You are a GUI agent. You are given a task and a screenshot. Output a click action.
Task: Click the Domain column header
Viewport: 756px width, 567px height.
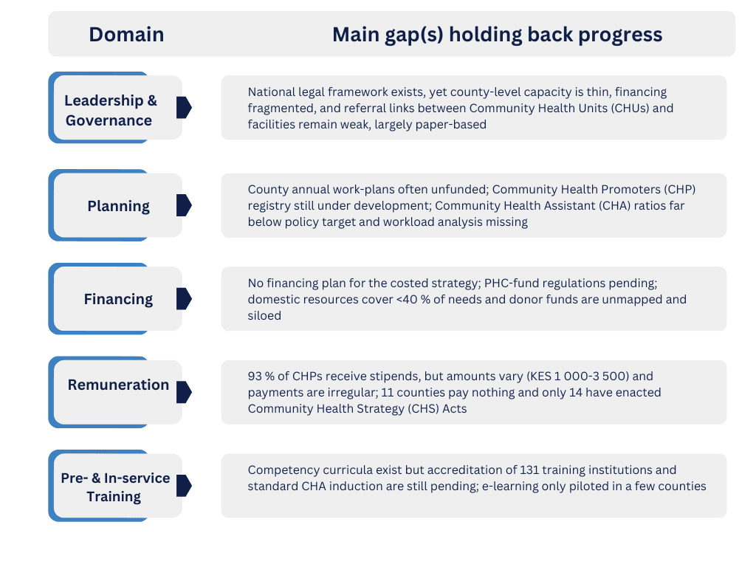click(126, 35)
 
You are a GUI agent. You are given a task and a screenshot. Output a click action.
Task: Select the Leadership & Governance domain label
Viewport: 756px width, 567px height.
click(111, 111)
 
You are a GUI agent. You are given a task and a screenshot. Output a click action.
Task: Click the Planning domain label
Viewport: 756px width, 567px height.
click(119, 207)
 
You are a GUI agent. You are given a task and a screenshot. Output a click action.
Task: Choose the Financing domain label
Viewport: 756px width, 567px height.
click(119, 300)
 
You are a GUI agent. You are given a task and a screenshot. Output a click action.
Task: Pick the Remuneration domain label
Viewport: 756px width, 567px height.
click(119, 385)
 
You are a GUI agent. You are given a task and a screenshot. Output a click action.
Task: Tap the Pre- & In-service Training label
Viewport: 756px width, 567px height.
click(115, 487)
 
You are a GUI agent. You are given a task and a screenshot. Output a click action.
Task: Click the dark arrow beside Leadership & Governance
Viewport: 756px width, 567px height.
click(184, 107)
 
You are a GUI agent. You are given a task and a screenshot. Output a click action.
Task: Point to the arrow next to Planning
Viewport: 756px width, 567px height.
click(184, 205)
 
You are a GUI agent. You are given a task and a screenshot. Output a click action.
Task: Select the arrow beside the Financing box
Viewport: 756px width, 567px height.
click(184, 299)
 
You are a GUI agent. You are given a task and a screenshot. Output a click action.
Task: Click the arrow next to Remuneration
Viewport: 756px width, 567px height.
click(184, 392)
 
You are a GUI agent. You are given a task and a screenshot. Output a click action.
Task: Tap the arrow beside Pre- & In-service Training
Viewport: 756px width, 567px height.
click(184, 486)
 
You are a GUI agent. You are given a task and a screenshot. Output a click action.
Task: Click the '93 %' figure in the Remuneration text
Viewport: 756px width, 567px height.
click(261, 376)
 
